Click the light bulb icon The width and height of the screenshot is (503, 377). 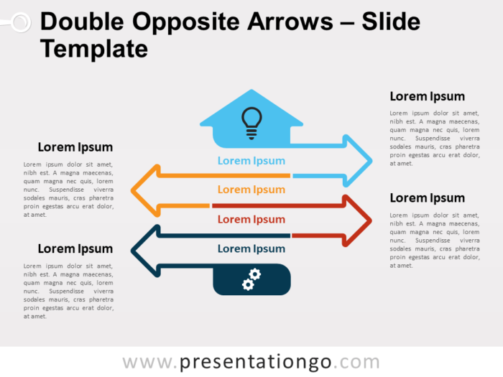[x=251, y=122]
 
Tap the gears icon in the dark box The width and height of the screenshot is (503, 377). [x=251, y=279]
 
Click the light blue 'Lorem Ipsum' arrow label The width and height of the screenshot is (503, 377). [x=251, y=161]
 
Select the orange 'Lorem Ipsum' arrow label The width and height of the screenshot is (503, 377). [x=251, y=190]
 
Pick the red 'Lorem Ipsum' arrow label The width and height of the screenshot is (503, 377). [x=251, y=219]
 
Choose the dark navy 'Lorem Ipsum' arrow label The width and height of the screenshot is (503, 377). [x=251, y=248]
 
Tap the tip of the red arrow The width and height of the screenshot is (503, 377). [x=371, y=220]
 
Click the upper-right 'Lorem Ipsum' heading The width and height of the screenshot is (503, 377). [x=427, y=96]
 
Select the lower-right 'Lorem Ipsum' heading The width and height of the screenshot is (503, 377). [x=427, y=197]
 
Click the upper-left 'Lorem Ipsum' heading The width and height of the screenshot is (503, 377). [x=75, y=147]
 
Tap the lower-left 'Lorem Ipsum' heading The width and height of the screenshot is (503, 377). [x=75, y=248]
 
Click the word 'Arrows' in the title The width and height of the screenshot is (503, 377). [x=285, y=22]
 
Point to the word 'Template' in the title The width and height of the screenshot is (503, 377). [x=93, y=49]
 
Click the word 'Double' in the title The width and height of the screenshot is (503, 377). [x=80, y=22]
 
